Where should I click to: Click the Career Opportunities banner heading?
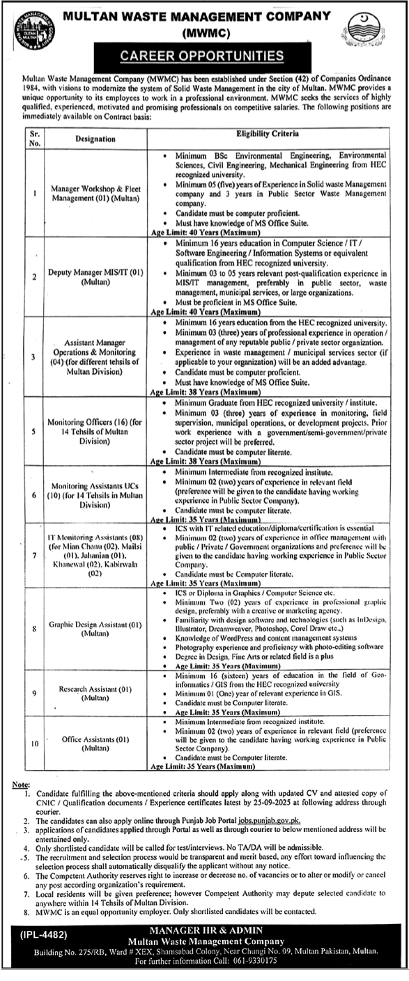204,55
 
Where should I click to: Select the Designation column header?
96,139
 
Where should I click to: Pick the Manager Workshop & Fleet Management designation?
96,192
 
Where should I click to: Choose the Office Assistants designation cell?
97,743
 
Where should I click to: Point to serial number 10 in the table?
35,743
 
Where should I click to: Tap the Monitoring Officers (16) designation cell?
97,431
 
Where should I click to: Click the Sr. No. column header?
35,139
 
